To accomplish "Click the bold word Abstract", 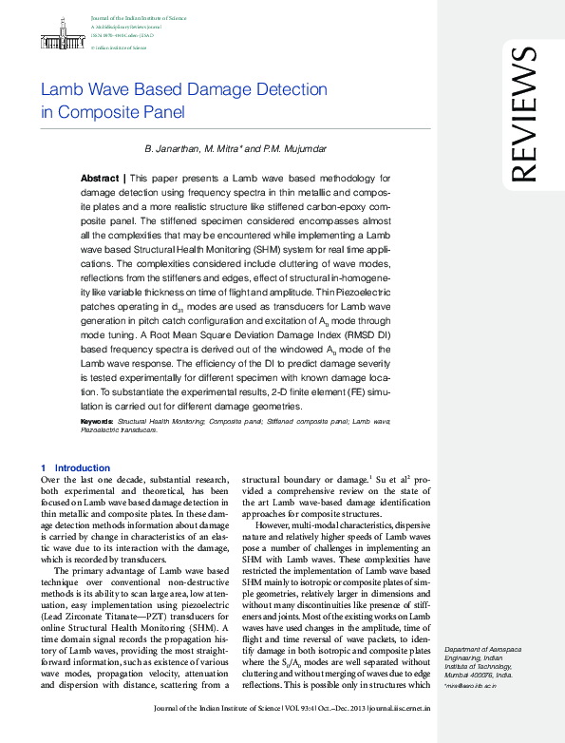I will tap(100, 178).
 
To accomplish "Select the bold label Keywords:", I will tap(98, 420).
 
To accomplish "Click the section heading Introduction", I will tap(83, 467).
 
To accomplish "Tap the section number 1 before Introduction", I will tap(44, 467).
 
